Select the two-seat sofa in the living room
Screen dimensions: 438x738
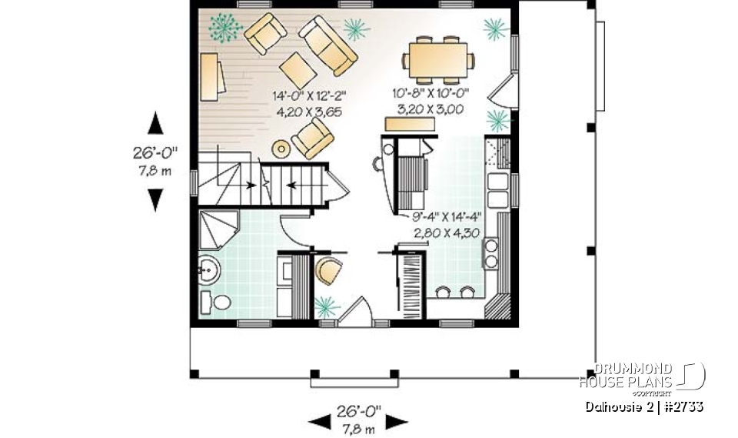click(x=329, y=45)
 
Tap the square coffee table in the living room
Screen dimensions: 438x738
click(x=297, y=70)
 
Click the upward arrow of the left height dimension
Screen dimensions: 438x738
click(x=155, y=123)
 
